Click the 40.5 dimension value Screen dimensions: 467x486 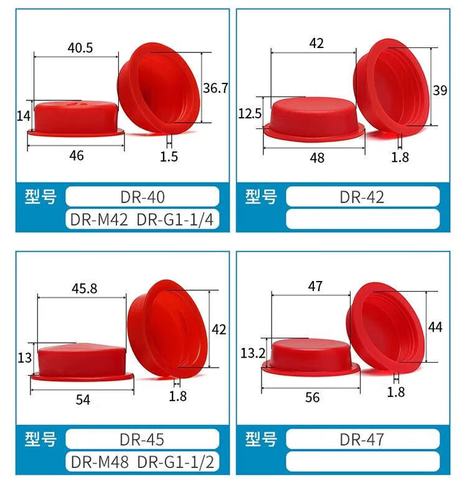[x=80, y=48]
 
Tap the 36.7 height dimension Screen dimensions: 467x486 [x=215, y=88]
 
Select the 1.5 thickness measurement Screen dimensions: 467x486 [x=169, y=157]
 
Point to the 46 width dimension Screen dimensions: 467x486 [x=77, y=156]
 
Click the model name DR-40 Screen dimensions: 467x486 [x=143, y=197]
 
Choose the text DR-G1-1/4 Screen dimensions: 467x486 [x=175, y=220]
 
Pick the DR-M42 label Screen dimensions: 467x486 [x=99, y=220]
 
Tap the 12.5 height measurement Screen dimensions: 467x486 [x=250, y=114]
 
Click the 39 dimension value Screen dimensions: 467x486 [x=440, y=90]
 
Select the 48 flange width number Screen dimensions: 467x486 [x=317, y=158]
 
